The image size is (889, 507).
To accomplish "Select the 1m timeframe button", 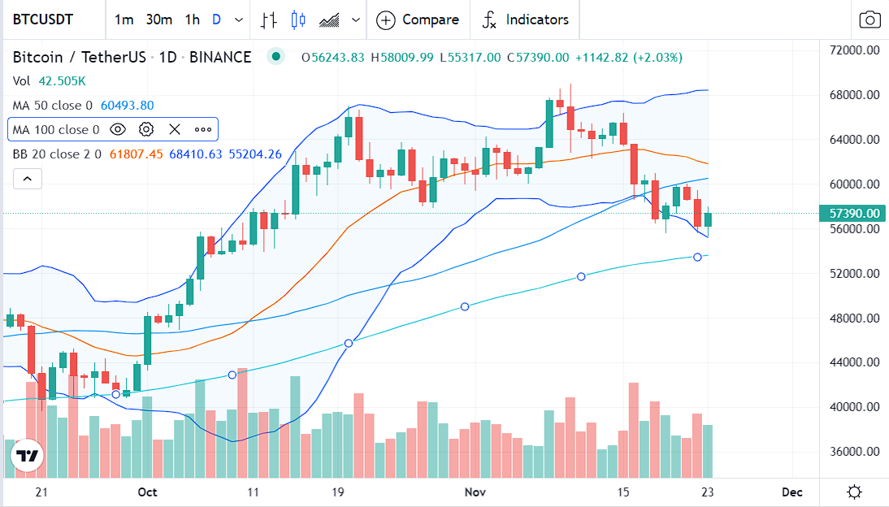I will tap(124, 19).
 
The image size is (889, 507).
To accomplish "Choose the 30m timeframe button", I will tap(158, 19).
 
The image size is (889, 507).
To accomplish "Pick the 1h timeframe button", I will tap(192, 19).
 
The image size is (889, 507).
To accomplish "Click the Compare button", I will tap(418, 19).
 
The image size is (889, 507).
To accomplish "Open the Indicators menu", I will tap(525, 19).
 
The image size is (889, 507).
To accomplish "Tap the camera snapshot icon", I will tap(869, 20).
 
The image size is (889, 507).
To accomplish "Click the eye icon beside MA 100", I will tap(118, 129).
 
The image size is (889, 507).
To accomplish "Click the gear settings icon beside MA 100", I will tap(146, 129).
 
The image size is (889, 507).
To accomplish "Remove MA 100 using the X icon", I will tap(174, 129).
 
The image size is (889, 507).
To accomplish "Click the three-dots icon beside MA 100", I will tap(202, 129).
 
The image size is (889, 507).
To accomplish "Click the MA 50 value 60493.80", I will tap(127, 105).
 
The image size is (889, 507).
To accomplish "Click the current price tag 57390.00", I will tap(854, 214).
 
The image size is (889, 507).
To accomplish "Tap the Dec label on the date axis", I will tap(791, 492).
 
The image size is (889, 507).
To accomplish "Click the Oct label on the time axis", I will tap(147, 492).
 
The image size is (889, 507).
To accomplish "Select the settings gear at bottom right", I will tap(854, 492).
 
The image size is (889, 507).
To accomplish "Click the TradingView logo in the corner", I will tap(27, 457).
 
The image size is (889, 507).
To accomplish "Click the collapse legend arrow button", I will tap(27, 178).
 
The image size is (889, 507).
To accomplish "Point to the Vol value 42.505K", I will tap(61, 81).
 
